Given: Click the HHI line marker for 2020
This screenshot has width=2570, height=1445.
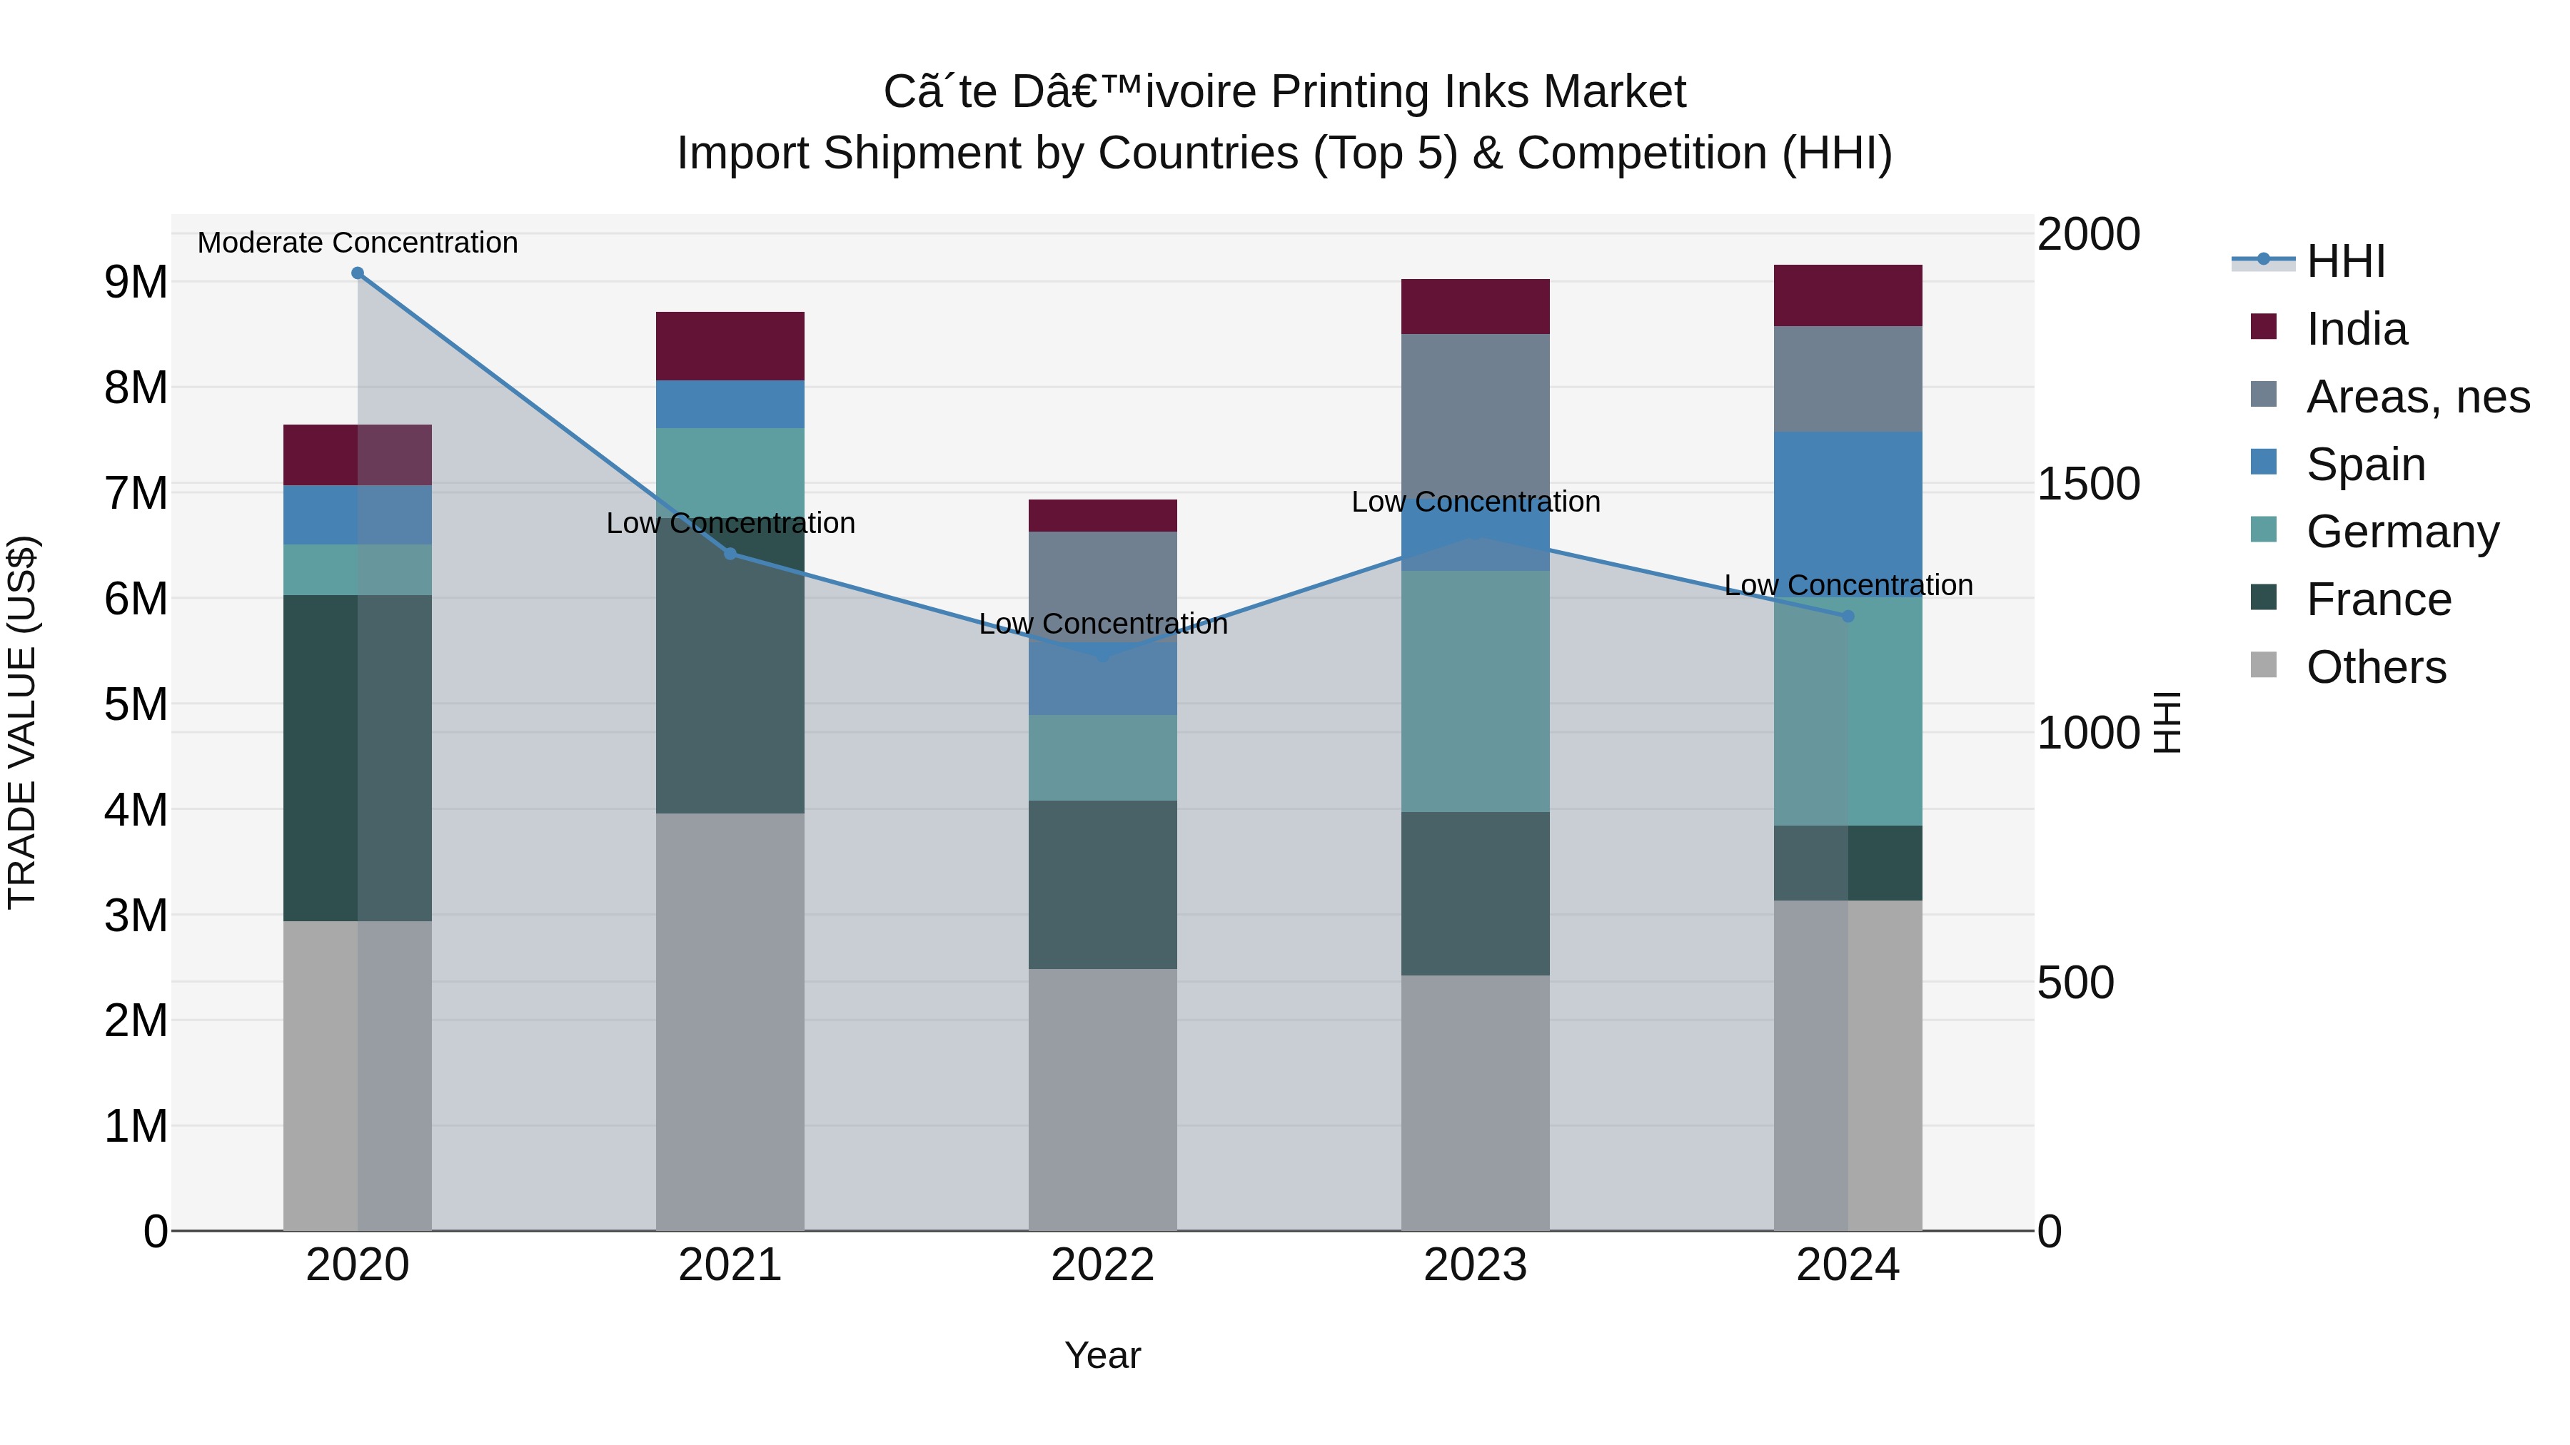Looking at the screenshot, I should (357, 273).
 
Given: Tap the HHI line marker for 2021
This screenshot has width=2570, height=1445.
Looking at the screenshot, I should (730, 554).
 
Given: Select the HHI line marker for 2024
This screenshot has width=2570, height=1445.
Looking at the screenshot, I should (1848, 617).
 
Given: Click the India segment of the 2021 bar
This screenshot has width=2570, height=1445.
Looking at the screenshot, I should (730, 346).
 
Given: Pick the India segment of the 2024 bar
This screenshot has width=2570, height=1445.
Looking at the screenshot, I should (1848, 295).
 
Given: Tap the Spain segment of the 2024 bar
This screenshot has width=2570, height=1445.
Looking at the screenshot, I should (1848, 499).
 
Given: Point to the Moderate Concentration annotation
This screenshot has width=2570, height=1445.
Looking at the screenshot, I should (357, 243).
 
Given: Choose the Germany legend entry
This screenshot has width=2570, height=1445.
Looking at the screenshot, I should (2402, 532).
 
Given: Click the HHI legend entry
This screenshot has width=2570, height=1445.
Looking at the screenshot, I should (2344, 261).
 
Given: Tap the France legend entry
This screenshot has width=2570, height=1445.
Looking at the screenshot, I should (2379, 599).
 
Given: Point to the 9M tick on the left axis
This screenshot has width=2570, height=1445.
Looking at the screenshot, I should (136, 282).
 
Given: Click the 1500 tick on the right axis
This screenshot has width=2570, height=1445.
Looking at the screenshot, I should (2088, 484).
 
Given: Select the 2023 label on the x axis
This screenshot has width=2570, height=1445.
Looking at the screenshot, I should (1475, 1265).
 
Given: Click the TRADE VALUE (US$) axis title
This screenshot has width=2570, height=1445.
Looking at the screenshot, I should (22, 722).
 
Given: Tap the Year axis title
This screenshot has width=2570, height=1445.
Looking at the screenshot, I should (1102, 1355).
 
